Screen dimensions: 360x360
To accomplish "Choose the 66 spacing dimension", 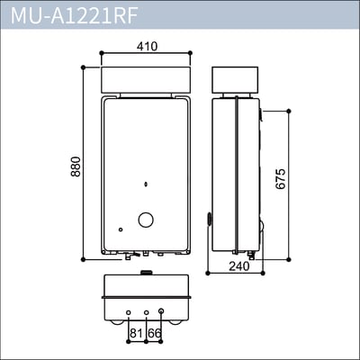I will pos(154,334).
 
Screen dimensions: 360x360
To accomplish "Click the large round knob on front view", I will pos(145,220).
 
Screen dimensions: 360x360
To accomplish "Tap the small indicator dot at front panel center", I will pos(145,187).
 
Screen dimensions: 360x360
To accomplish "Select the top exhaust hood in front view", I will pos(145,78).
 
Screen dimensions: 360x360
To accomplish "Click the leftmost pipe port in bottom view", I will pos(129,313).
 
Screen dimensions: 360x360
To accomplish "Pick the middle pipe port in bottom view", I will pos(145,313).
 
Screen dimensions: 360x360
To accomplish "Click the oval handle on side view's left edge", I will pos(209,218).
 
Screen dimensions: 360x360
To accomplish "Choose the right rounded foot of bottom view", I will pos(180,320).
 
